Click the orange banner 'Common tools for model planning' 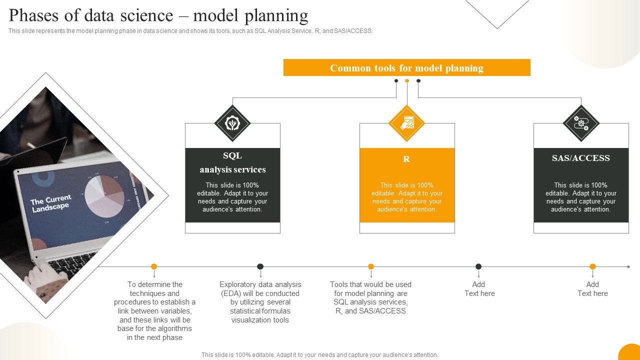click(406, 67)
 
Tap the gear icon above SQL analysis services click(232, 123)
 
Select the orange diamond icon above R click(406, 123)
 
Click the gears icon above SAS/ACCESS click(581, 123)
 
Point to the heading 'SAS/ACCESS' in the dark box click(581, 158)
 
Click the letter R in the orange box click(406, 159)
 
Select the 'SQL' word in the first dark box click(232, 155)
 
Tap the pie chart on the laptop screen click(104, 196)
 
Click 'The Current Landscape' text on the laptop click(50, 203)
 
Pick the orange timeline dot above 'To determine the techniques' click(154, 266)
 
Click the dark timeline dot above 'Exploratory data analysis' click(260, 266)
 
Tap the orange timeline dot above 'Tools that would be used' click(371, 266)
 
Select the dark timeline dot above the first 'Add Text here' click(478, 266)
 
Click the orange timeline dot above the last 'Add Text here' click(592, 266)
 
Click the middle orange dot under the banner click(407, 80)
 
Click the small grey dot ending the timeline click(628, 266)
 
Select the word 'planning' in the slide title click(276, 16)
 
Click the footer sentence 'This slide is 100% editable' click(320, 355)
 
